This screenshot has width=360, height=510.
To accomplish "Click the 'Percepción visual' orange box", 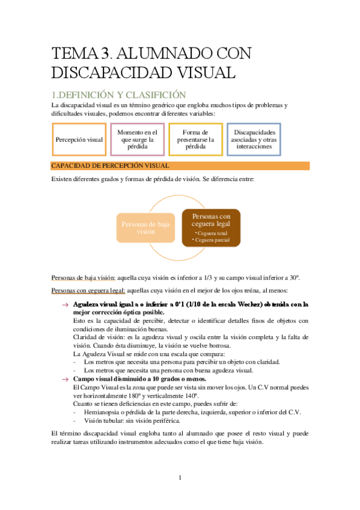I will coord(79,140).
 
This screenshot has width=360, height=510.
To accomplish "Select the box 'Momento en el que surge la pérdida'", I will coord(138,140).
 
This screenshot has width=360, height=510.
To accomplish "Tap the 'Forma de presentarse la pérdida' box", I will coord(197,140).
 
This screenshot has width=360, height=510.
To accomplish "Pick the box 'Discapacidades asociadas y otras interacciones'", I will coord(255,140).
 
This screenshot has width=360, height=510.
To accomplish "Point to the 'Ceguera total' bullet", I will coord(212,232).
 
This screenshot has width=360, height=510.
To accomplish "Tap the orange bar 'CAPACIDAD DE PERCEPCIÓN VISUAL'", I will coord(180,165).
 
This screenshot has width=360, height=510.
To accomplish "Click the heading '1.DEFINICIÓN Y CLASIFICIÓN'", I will coord(118,94).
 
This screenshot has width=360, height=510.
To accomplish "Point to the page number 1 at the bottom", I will coord(180,478).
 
